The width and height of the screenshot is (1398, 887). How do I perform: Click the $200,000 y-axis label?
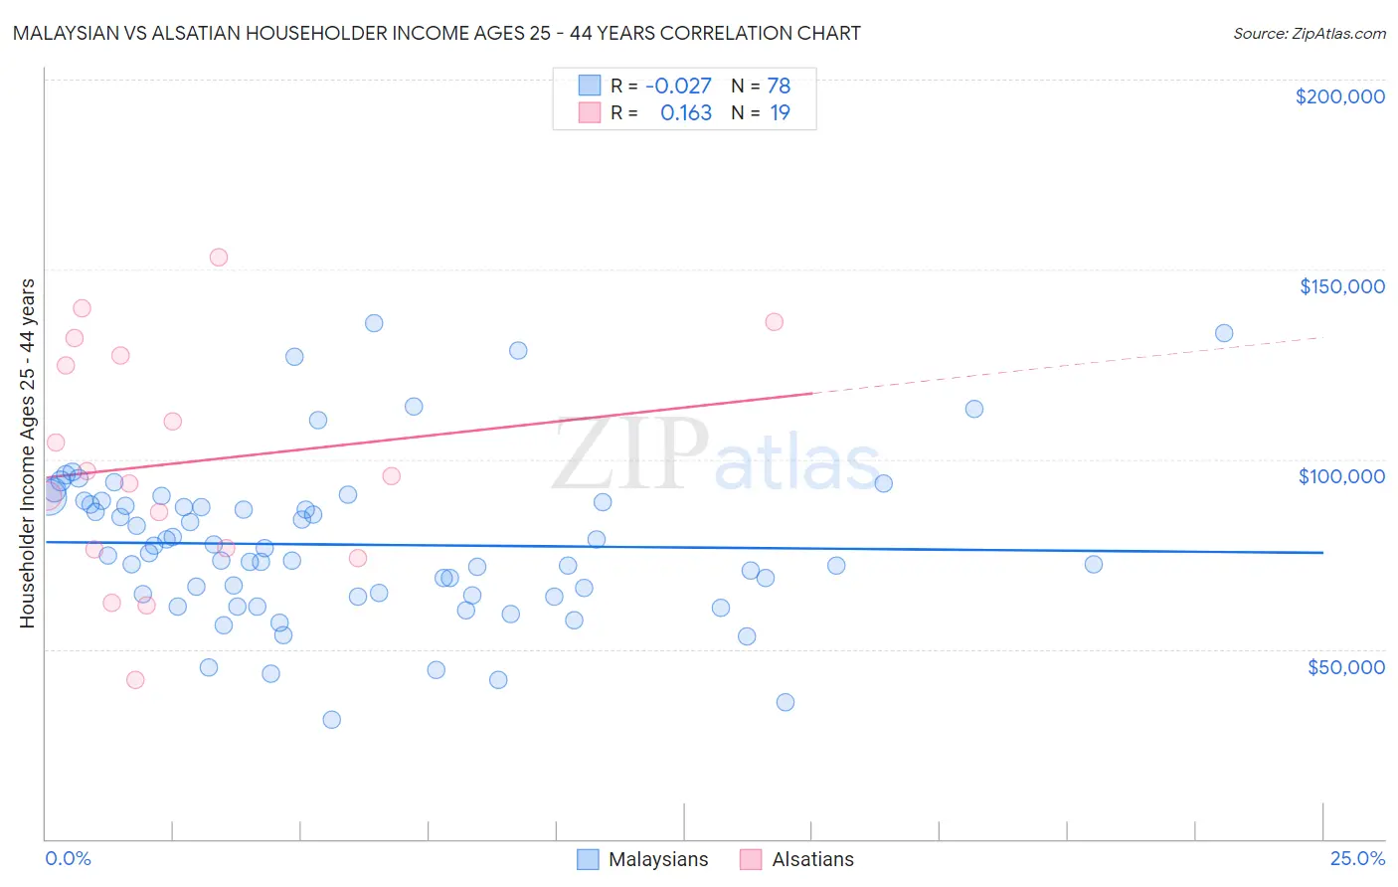[1339, 96]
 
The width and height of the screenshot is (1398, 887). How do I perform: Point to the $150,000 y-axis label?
[1341, 286]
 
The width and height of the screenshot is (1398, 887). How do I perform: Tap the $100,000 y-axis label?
[1341, 476]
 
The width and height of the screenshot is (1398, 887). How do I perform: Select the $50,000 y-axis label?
[1345, 666]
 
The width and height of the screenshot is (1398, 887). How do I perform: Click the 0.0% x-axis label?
[68, 858]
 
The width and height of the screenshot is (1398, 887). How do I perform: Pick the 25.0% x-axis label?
[1357, 858]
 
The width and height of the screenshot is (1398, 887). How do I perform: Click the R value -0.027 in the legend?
[678, 87]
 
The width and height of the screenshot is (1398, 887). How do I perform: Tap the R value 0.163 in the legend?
[686, 113]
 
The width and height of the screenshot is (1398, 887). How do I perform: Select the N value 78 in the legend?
[779, 87]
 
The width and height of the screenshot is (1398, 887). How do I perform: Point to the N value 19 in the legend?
[780, 113]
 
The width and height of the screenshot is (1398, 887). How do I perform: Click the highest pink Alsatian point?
[219, 258]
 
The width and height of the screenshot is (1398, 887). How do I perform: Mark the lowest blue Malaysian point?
[332, 720]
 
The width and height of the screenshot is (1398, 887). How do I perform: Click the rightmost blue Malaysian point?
[1224, 333]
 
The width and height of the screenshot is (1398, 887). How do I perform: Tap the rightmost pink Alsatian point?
[775, 322]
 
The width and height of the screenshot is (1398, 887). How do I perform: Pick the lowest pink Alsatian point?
[135, 680]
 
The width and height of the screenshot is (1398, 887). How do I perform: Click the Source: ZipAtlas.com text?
[1309, 34]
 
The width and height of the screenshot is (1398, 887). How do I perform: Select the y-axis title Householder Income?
[27, 453]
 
